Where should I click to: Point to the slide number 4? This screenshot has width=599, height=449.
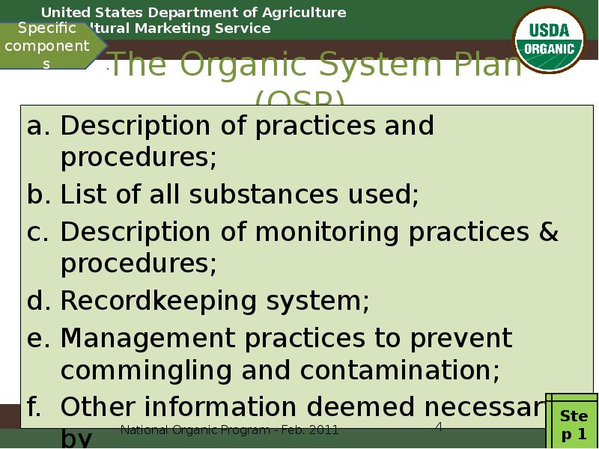click(x=440, y=427)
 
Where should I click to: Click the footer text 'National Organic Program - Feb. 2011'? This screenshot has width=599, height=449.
click(x=229, y=430)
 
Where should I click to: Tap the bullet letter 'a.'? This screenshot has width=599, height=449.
click(x=39, y=126)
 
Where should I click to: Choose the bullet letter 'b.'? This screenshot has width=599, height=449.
click(x=39, y=195)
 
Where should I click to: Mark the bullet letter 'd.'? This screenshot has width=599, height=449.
click(x=39, y=301)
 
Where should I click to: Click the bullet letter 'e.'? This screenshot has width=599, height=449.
click(x=39, y=338)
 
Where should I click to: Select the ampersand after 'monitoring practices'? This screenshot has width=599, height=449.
click(x=548, y=233)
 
